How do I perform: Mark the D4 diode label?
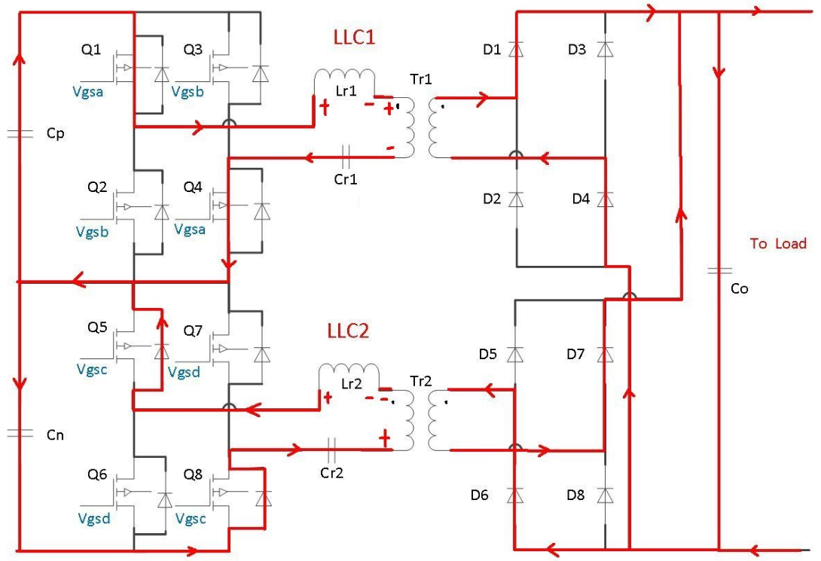pyautogui.click(x=580, y=200)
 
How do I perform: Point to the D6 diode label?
pyautogui.click(x=481, y=495)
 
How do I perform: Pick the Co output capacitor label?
pyautogui.click(x=740, y=288)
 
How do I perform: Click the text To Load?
pyautogui.click(x=778, y=243)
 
